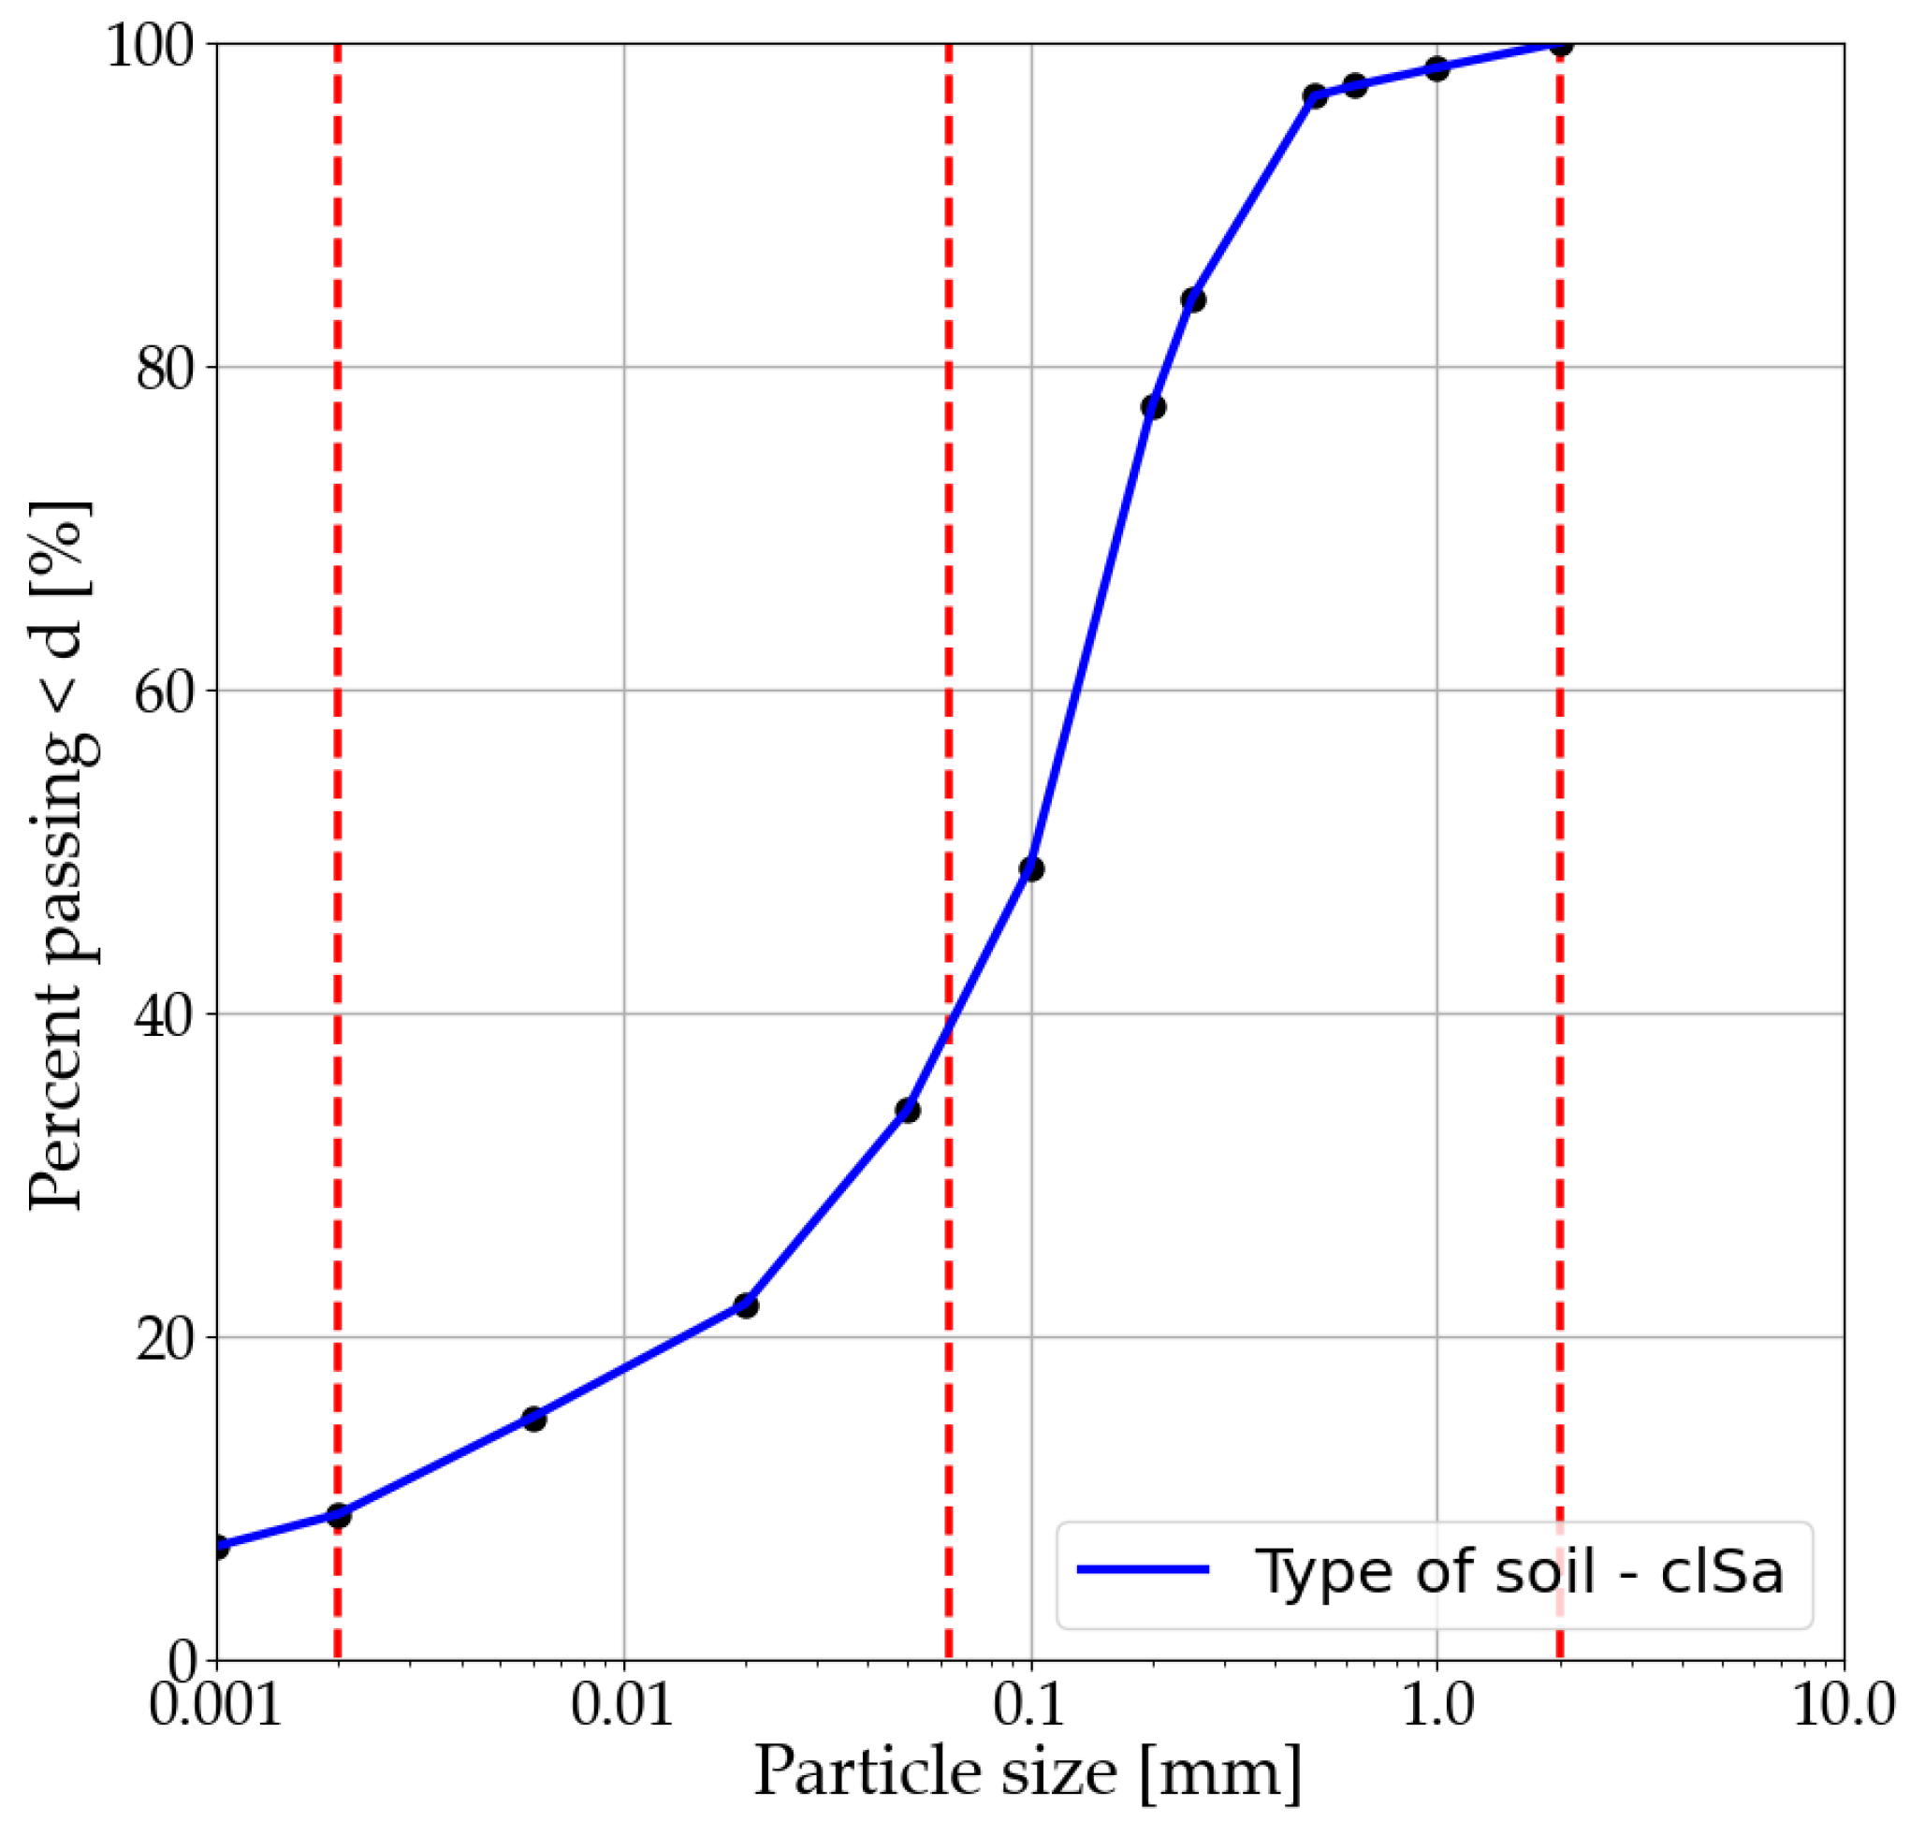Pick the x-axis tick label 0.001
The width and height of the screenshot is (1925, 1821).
click(214, 1705)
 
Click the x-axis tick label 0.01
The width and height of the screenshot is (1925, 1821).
click(622, 1705)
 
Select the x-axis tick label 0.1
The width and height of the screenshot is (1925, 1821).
click(1030, 1705)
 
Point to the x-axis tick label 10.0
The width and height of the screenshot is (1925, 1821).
click(1843, 1705)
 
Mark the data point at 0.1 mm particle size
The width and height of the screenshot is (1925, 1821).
click(1031, 868)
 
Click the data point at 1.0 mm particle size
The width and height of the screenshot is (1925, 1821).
click(1436, 69)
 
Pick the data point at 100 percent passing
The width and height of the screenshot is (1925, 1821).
click(1559, 45)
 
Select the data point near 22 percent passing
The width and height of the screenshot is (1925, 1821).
click(746, 1305)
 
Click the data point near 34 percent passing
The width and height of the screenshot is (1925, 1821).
click(908, 1111)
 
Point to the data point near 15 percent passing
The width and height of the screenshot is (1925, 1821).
click(534, 1420)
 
